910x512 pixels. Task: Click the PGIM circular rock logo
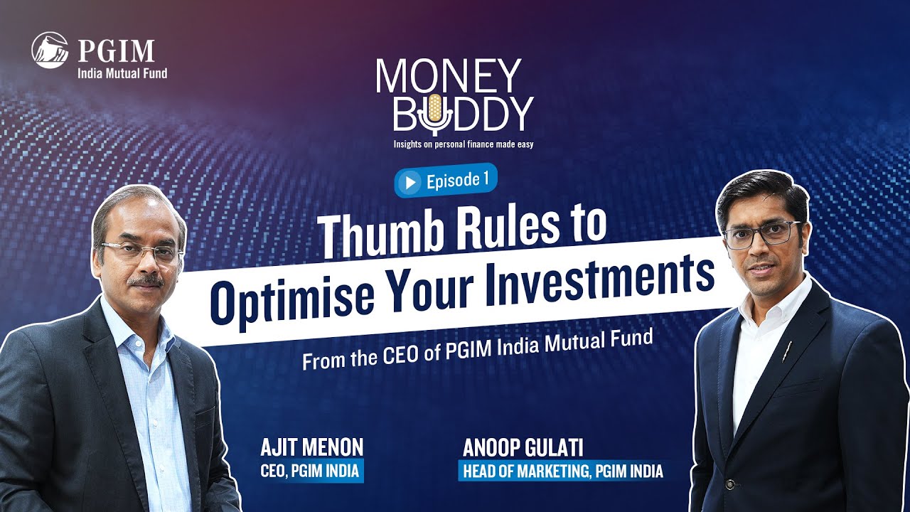(x=50, y=50)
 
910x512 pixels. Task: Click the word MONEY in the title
(x=448, y=75)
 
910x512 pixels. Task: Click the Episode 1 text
(x=457, y=181)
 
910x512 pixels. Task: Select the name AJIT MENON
(x=311, y=447)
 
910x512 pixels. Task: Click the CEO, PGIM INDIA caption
(x=311, y=471)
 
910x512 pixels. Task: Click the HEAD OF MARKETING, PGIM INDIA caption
(x=563, y=471)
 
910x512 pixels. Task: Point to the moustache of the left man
(x=146, y=280)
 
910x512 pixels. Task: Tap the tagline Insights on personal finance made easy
(x=463, y=144)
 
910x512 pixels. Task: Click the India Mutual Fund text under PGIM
(x=122, y=72)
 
